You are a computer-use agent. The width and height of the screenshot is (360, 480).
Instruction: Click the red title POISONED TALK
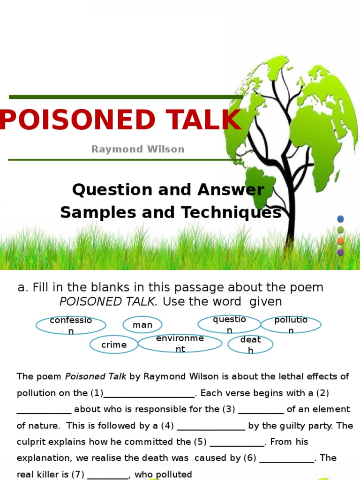point(120,120)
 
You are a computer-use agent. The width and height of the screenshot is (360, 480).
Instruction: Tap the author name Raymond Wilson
point(138,150)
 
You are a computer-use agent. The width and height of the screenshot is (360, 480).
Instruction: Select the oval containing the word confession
point(71,325)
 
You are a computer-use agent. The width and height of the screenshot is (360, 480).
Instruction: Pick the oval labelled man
point(142,325)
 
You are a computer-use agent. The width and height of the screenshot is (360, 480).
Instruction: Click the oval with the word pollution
point(291,325)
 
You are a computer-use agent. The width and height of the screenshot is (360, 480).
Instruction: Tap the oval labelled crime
point(114,345)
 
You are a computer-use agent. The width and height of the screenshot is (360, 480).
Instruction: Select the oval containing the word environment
point(180,344)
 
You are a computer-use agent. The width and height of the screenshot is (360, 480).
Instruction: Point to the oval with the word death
point(250,345)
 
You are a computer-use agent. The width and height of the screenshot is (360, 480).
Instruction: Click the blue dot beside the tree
point(341,219)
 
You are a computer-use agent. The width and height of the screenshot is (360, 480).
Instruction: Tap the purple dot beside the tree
point(341,252)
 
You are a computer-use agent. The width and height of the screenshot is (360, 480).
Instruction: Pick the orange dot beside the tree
point(341,241)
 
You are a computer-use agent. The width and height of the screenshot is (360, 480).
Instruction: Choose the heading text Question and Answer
point(168,190)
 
